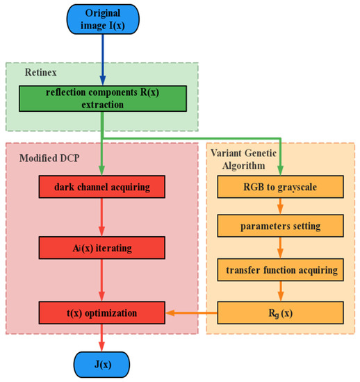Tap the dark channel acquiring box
103,186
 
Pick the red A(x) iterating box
103,247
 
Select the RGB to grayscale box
281,186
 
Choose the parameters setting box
281,227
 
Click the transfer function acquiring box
281,268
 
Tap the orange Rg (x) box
281,312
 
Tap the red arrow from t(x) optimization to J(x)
103,336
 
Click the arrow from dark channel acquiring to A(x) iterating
103,216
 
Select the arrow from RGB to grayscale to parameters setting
281,206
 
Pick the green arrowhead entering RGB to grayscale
281,171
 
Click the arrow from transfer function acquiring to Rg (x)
281,290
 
